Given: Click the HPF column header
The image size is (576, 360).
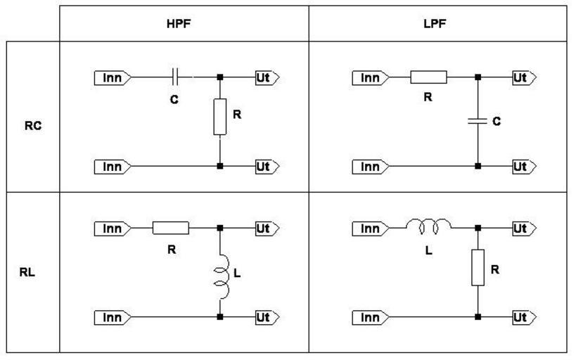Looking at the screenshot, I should click(183, 22).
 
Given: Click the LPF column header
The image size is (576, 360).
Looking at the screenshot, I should click(437, 22).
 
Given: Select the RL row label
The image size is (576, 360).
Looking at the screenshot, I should click(30, 273).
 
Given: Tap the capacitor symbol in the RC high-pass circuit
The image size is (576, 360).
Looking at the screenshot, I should click(176, 77).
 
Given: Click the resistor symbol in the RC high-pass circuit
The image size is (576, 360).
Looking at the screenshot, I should click(220, 117).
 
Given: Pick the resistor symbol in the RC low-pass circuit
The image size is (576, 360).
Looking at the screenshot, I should click(428, 77).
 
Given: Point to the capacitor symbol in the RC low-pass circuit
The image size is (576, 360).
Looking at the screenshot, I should click(478, 121).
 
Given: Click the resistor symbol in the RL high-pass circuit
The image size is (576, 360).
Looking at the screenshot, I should click(171, 227).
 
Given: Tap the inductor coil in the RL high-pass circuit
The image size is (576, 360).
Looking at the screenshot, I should click(221, 274).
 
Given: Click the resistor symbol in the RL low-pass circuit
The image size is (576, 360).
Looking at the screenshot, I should click(478, 266).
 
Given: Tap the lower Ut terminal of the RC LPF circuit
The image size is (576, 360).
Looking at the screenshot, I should click(523, 167).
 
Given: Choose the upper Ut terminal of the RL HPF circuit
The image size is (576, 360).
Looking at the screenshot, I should click(265, 228).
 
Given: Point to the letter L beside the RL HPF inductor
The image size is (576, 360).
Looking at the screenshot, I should click(237, 274).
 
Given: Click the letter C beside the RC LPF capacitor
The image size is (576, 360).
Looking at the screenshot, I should click(496, 122).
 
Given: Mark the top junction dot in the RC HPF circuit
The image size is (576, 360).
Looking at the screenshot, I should click(220, 77).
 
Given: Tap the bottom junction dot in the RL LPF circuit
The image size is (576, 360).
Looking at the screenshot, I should click(478, 317).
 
